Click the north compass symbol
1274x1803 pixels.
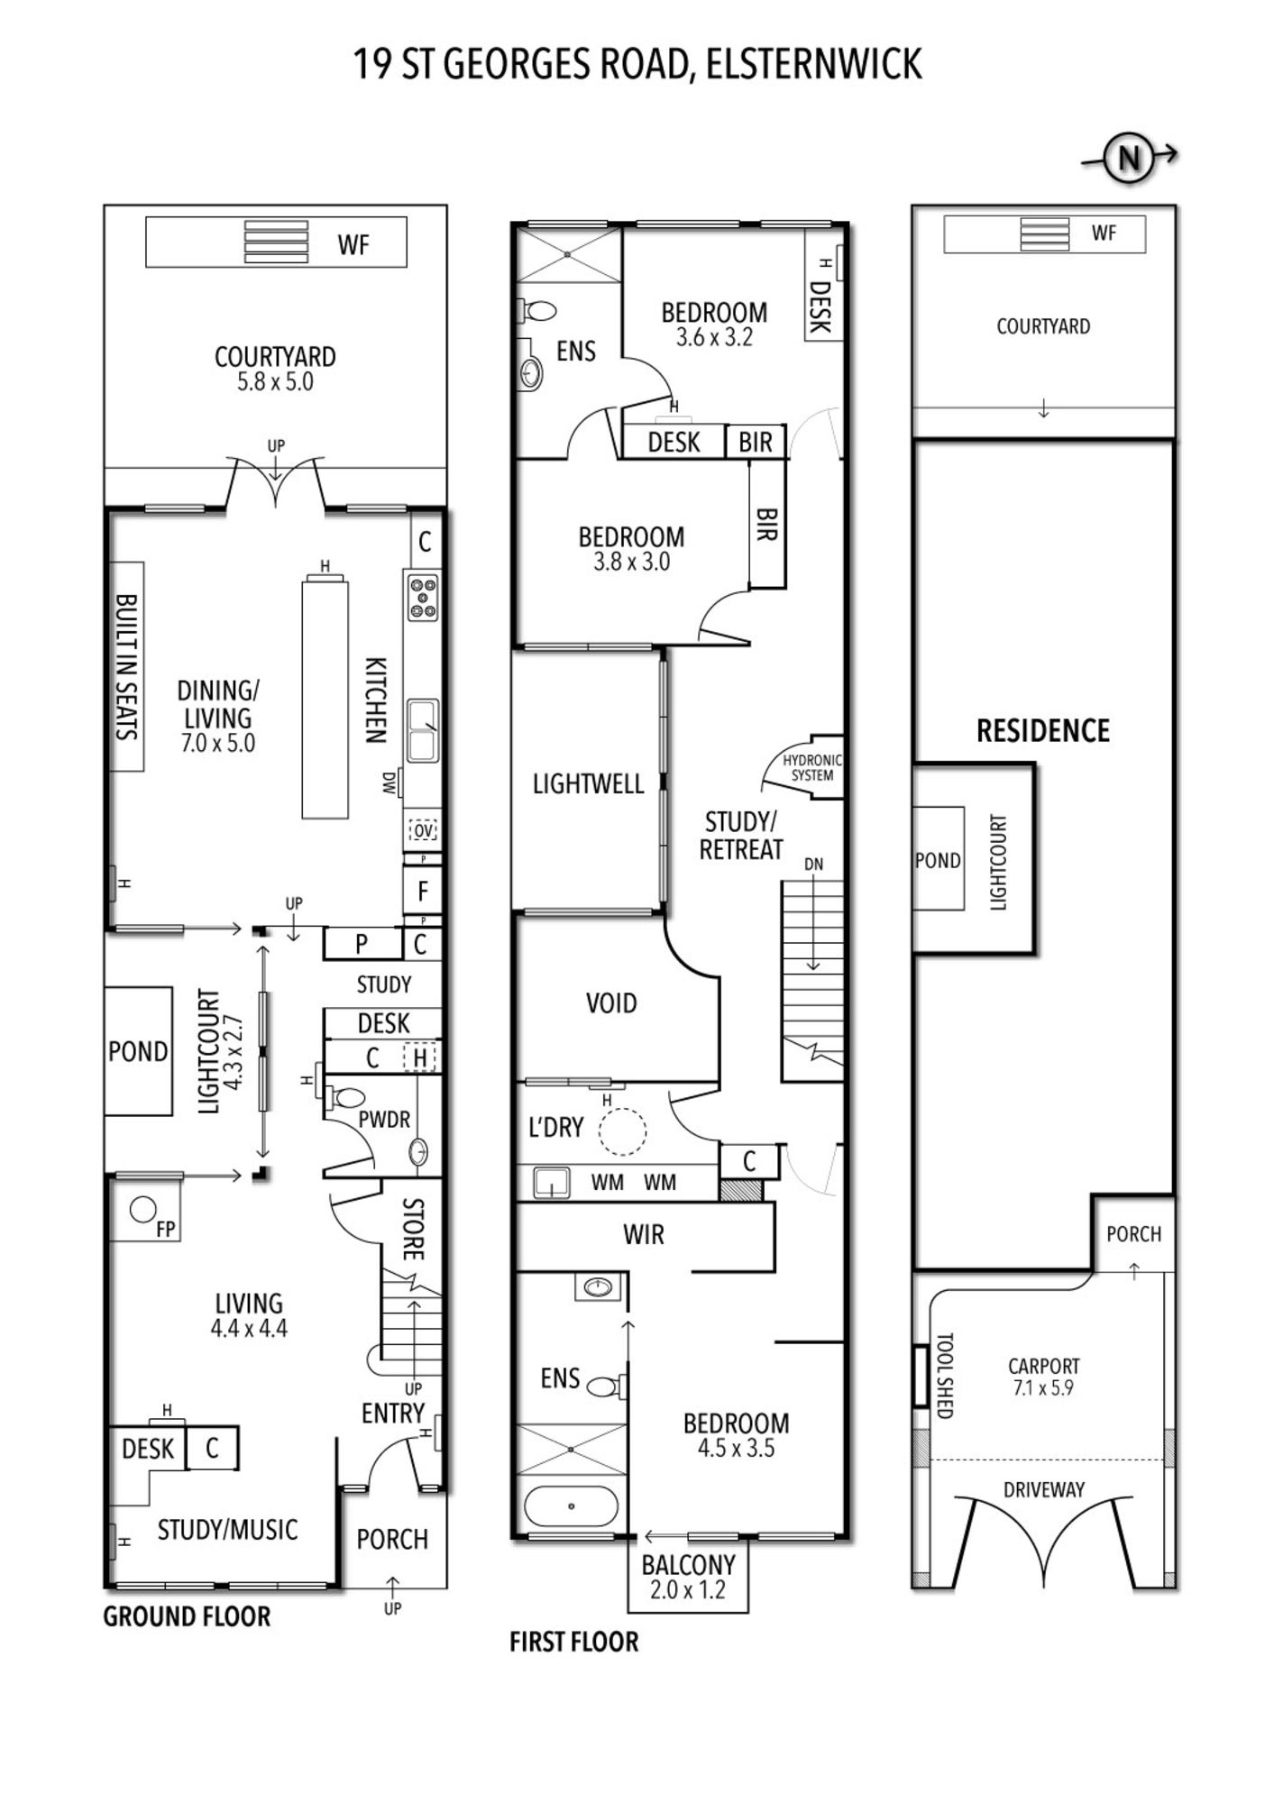pyautogui.click(x=1129, y=158)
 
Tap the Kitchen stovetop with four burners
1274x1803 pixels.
pyautogui.click(x=423, y=597)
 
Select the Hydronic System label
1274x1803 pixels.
pyautogui.click(x=811, y=767)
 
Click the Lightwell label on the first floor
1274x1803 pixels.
pyautogui.click(x=588, y=783)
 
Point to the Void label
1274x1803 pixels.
pyautogui.click(x=611, y=1002)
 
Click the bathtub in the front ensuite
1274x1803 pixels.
pyautogui.click(x=572, y=1506)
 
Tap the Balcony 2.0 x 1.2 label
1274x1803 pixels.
pyautogui.click(x=688, y=1577)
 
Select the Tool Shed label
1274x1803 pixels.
pyautogui.click(x=945, y=1376)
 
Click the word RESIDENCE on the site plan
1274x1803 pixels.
pyautogui.click(x=1043, y=730)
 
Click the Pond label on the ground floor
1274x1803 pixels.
pyautogui.click(x=138, y=1051)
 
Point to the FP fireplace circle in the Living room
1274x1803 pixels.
pyautogui.click(x=142, y=1210)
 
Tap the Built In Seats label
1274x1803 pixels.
pyautogui.click(x=127, y=667)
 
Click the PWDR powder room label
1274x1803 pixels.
pyautogui.click(x=384, y=1120)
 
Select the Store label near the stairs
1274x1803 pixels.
pyautogui.click(x=412, y=1229)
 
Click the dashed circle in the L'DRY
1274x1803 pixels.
pyautogui.click(x=622, y=1131)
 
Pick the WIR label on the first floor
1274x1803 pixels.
pyautogui.click(x=644, y=1234)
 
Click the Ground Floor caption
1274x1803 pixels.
pyautogui.click(x=187, y=1616)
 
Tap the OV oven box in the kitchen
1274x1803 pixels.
pyautogui.click(x=423, y=830)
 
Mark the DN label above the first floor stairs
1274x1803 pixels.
pyautogui.click(x=813, y=864)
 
